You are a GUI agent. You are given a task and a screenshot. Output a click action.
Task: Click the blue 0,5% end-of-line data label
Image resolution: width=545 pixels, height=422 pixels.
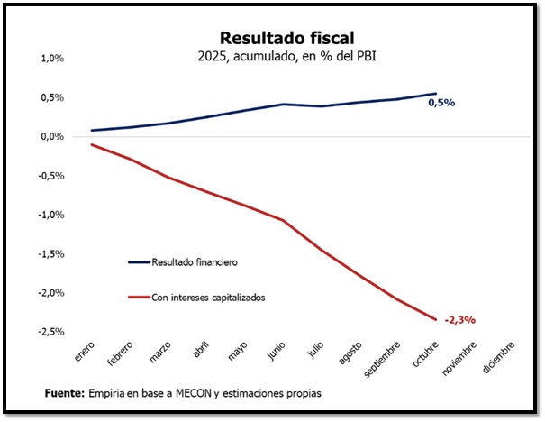pyautogui.click(x=441, y=103)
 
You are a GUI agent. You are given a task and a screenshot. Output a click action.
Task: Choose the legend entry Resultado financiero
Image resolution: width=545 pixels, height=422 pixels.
pyautogui.click(x=200, y=262)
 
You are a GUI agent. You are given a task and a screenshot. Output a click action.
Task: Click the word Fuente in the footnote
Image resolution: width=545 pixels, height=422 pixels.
pyautogui.click(x=64, y=394)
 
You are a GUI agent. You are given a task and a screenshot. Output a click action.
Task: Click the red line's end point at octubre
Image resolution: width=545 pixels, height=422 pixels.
pyautogui.click(x=436, y=319)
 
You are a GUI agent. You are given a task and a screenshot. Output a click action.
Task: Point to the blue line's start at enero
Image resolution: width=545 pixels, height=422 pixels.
pyautogui.click(x=91, y=131)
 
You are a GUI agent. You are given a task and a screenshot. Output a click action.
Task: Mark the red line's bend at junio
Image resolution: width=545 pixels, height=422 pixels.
pyautogui.click(x=283, y=220)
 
